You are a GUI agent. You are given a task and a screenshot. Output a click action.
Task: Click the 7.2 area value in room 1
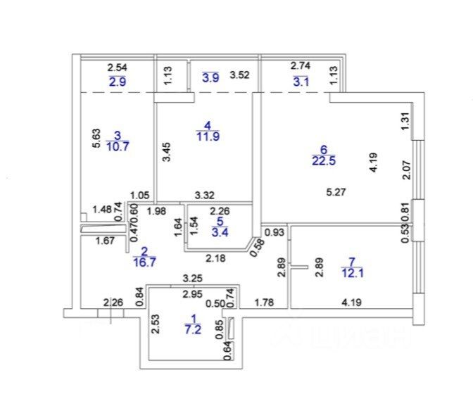192,329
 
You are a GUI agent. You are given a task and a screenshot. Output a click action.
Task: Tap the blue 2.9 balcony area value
116,82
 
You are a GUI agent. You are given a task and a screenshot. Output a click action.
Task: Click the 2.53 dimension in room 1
156,322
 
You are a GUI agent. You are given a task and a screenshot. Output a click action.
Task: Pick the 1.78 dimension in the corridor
263,303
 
